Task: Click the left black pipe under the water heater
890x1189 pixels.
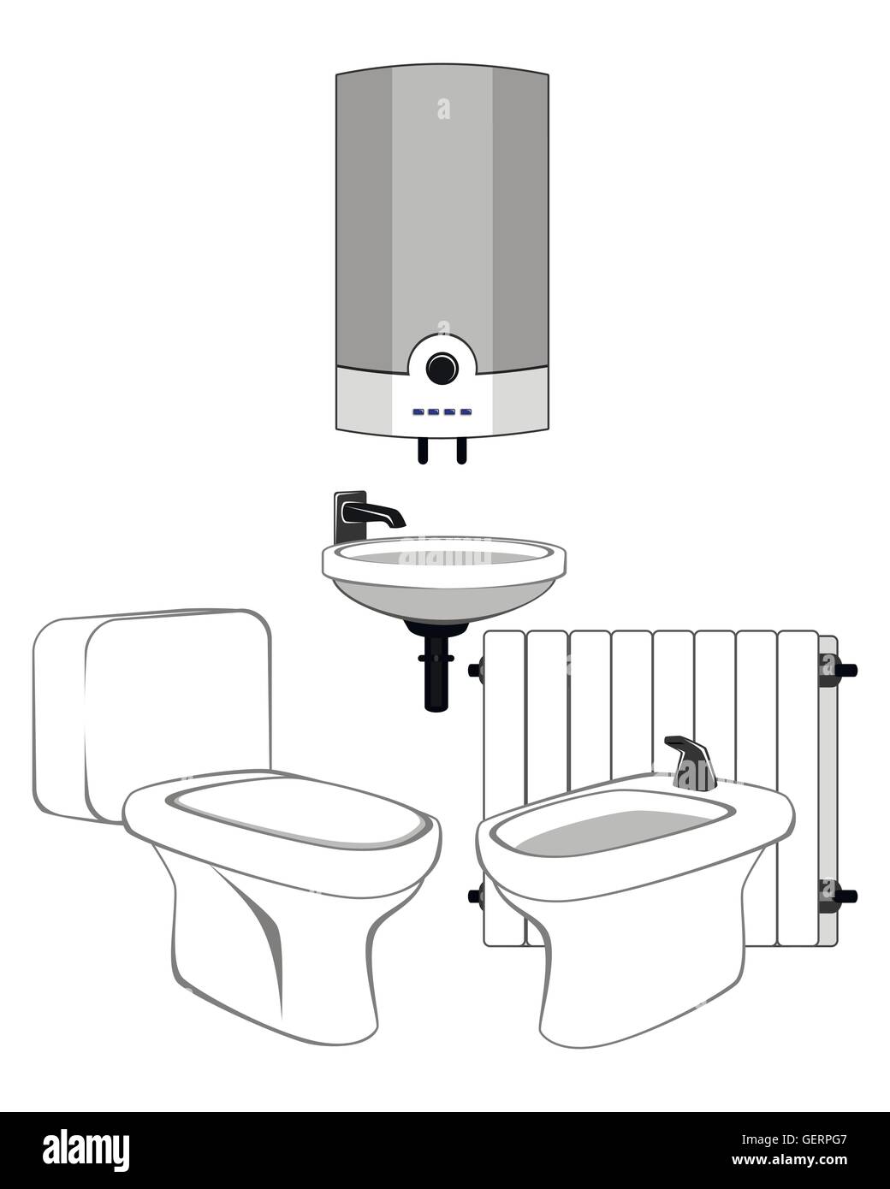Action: [x=422, y=451]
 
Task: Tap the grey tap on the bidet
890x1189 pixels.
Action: [x=695, y=761]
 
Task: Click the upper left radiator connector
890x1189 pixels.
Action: [x=476, y=670]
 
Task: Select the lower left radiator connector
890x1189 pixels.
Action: [x=476, y=896]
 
